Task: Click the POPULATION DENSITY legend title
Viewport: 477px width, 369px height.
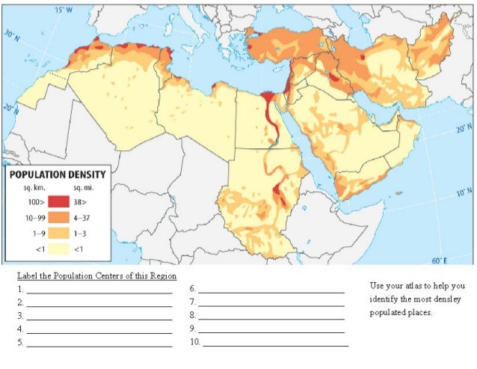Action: point(58,174)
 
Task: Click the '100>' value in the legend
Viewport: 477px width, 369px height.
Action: point(27,202)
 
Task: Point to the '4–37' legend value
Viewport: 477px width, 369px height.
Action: point(84,218)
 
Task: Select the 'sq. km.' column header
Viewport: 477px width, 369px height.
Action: point(27,188)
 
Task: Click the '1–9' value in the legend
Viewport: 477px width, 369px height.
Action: point(27,233)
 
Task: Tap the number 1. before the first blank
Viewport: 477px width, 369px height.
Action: point(22,289)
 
